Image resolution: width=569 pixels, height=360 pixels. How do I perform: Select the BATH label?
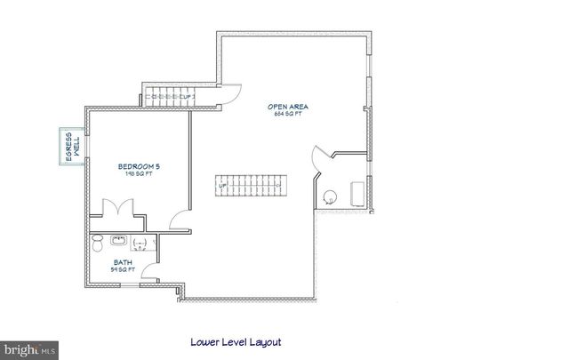tap(123, 261)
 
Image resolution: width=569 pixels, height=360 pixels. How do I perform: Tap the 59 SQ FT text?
tap(123, 268)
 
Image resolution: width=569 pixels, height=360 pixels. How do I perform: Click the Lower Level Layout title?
tap(236, 340)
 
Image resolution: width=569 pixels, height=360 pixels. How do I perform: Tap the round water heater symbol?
tap(330, 196)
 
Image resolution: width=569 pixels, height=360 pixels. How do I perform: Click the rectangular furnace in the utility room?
tap(358, 193)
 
